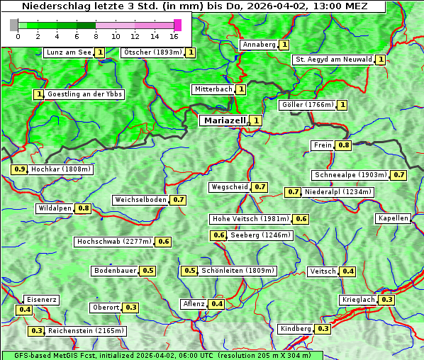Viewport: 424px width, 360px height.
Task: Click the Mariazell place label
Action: click(x=225, y=120)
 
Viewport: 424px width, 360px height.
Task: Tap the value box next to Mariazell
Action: click(x=256, y=120)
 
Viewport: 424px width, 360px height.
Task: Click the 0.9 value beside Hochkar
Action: click(x=20, y=169)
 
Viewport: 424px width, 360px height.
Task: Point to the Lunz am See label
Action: click(x=68, y=52)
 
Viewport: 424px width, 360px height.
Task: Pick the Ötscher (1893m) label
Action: click(x=152, y=52)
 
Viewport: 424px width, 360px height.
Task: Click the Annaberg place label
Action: click(x=259, y=45)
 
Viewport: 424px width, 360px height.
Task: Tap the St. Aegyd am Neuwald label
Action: click(x=333, y=60)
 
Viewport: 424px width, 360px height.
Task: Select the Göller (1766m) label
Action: click(x=306, y=105)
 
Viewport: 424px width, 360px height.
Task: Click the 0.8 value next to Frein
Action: click(x=344, y=145)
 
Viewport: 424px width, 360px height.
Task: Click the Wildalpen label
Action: click(x=55, y=208)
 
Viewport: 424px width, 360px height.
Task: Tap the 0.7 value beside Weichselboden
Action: click(x=178, y=200)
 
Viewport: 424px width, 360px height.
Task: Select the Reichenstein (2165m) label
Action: click(x=87, y=331)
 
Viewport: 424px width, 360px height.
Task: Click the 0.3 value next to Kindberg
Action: click(x=323, y=329)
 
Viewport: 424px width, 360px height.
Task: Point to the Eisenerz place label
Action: click(x=41, y=300)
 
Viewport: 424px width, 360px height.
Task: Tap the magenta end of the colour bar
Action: click(x=177, y=25)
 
